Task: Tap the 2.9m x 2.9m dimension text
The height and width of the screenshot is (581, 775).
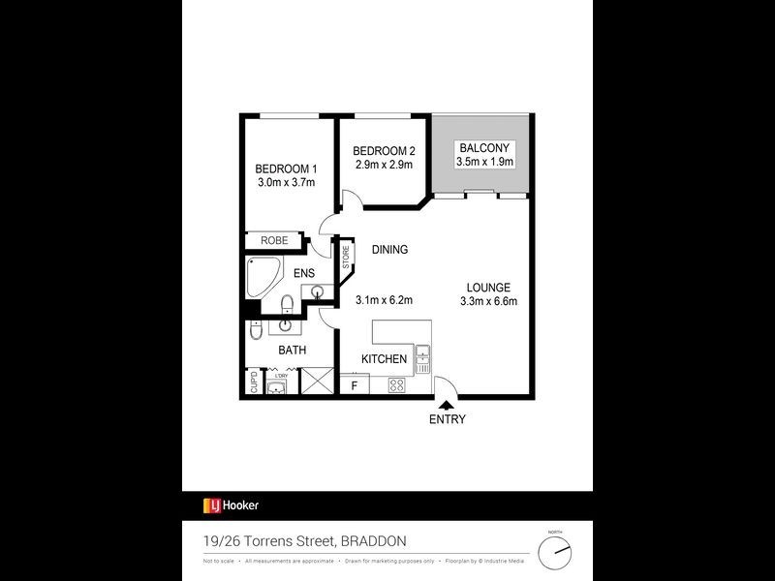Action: tap(383, 166)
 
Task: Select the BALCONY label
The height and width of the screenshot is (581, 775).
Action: tap(480, 148)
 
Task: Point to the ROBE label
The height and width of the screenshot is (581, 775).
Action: tap(273, 240)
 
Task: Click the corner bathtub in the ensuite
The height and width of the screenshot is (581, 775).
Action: tap(263, 278)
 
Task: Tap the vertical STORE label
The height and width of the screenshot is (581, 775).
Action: tap(345, 259)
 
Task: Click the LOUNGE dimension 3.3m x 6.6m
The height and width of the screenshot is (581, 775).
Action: tap(488, 301)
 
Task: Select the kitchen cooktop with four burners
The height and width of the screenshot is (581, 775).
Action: tap(396, 385)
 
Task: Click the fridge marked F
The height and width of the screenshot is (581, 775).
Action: tap(355, 385)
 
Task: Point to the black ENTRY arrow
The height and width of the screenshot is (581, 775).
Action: tap(447, 407)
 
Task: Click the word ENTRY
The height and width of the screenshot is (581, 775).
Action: tap(447, 419)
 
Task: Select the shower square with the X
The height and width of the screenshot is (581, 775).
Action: tap(316, 382)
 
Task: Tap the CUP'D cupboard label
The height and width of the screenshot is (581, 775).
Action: tap(254, 383)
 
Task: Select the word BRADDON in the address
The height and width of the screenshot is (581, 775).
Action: tap(371, 540)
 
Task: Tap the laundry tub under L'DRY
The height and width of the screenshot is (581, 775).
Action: tap(276, 387)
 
